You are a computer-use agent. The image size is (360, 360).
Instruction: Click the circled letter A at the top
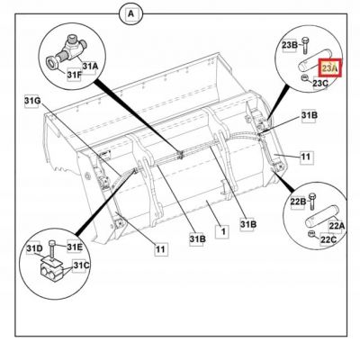(x=131, y=14)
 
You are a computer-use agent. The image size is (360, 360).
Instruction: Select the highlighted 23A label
(x=329, y=68)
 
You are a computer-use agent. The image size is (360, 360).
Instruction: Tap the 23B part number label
(x=290, y=45)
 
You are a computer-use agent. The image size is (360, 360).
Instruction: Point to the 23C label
(x=320, y=83)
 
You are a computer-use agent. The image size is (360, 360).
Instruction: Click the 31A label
(x=90, y=66)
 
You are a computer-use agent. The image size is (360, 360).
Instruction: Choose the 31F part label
(x=74, y=75)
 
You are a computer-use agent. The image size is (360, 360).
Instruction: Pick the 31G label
(x=32, y=101)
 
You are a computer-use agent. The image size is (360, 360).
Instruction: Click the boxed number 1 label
(x=223, y=231)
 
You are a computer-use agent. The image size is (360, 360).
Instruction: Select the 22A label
(x=337, y=226)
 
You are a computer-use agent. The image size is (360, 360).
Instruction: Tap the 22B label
(x=298, y=202)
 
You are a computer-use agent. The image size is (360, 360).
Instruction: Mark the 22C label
(x=328, y=239)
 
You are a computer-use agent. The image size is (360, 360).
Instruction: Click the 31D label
(x=34, y=248)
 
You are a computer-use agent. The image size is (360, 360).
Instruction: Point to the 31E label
(x=75, y=247)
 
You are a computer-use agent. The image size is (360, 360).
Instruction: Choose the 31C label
(x=81, y=265)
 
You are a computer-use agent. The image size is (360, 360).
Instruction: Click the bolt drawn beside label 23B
(x=305, y=46)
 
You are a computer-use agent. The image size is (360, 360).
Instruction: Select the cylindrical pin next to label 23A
(x=314, y=59)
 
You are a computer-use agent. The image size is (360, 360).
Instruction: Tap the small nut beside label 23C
(x=304, y=78)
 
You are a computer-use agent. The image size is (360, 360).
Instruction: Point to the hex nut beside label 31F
(x=51, y=63)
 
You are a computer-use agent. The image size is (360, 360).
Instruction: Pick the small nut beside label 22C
(x=312, y=234)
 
